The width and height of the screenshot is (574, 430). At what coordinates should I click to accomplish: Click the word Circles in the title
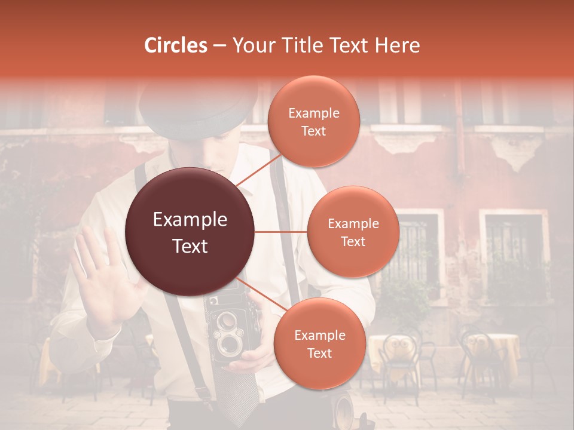click(176, 45)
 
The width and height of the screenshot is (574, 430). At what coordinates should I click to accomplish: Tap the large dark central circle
click(190, 232)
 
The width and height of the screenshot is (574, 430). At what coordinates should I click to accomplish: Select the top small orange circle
click(313, 121)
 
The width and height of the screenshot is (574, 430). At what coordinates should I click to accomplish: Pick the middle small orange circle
click(353, 232)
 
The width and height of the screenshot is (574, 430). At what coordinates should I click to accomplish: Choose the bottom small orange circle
click(319, 343)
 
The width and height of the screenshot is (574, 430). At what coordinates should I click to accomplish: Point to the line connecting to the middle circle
click(281, 232)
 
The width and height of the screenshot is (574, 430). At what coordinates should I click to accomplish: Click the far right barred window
click(513, 245)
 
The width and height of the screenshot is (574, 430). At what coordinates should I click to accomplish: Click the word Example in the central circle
click(190, 220)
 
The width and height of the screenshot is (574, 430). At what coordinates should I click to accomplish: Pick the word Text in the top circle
click(313, 131)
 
